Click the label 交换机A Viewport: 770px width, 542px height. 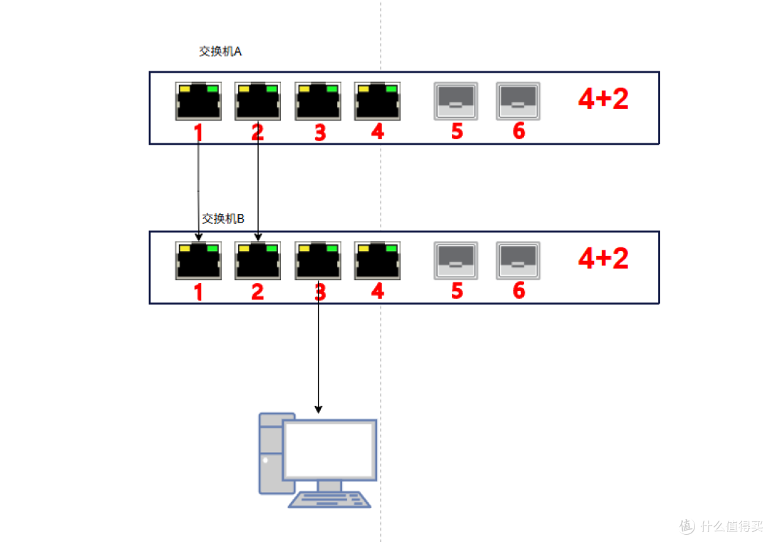click(220, 51)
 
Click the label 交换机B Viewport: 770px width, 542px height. click(223, 218)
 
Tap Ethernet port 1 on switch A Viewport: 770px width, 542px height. click(198, 101)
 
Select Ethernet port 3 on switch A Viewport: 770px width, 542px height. click(318, 101)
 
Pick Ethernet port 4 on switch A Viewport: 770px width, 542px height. click(377, 101)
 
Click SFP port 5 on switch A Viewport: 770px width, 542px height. click(456, 101)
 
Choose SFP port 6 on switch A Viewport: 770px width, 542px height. click(518, 101)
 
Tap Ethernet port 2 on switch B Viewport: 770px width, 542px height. click(258, 261)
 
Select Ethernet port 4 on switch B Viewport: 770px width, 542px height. click(377, 261)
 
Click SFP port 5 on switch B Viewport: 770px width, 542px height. click(456, 261)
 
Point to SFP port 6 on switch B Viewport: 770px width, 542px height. click(518, 261)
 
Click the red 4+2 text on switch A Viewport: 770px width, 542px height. click(604, 98)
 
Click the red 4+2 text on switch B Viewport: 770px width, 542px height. click(604, 258)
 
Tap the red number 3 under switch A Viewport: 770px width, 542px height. click(320, 132)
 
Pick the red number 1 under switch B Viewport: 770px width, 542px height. click(198, 292)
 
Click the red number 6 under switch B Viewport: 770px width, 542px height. click(519, 290)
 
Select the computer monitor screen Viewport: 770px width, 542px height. click(329, 449)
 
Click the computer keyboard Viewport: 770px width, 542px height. click(329, 499)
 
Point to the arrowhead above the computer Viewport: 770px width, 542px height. click(318, 409)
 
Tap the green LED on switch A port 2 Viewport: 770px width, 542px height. click(272, 89)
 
